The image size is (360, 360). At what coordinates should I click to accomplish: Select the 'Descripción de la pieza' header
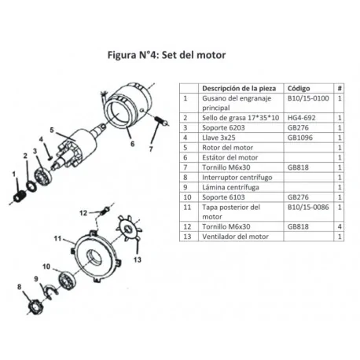click(237, 88)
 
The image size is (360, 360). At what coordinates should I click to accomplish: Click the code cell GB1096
click(299, 137)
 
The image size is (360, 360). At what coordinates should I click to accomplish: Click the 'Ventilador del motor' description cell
click(236, 236)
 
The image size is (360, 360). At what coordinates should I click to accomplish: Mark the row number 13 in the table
click(186, 236)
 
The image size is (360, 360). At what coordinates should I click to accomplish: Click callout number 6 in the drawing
click(132, 144)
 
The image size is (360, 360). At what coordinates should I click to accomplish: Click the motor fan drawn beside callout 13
click(125, 230)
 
